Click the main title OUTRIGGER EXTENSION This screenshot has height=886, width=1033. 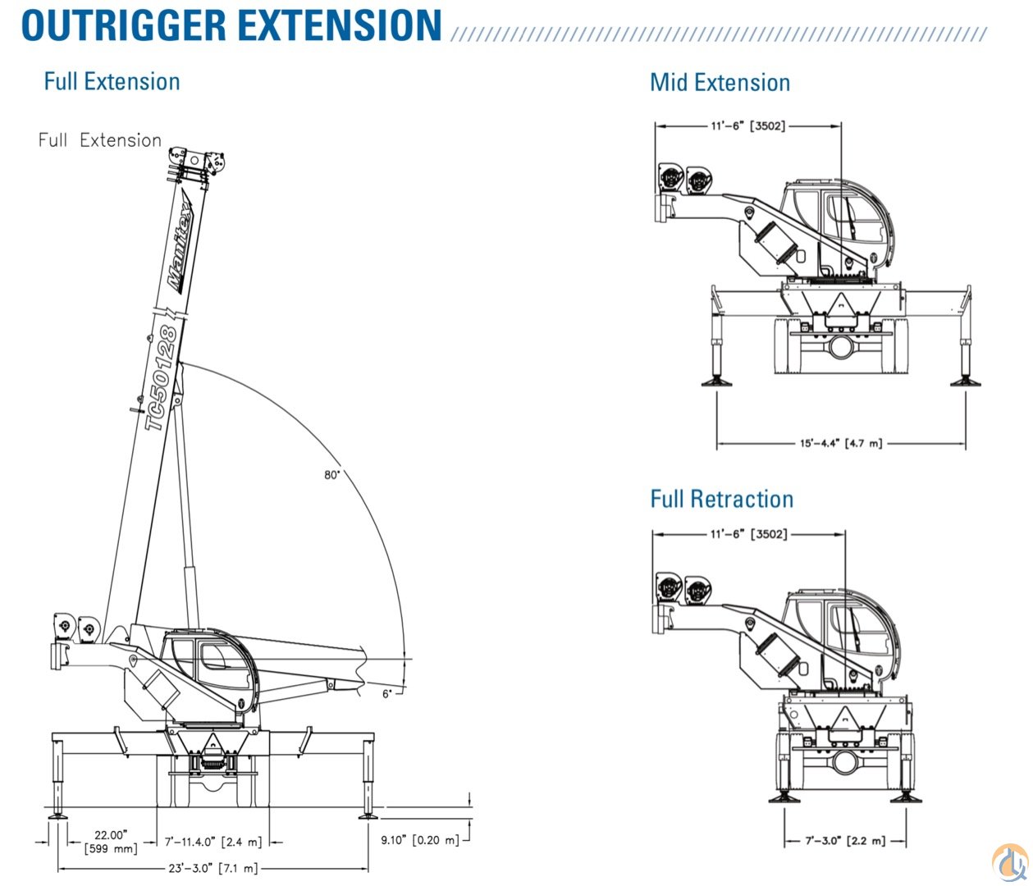click(231, 25)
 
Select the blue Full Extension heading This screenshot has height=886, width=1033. click(112, 81)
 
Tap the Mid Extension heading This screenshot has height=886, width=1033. click(720, 82)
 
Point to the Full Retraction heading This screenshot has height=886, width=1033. click(721, 499)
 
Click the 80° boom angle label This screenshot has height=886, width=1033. click(331, 475)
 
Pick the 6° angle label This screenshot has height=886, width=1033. click(387, 693)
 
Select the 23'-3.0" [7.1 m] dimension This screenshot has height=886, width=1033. click(213, 868)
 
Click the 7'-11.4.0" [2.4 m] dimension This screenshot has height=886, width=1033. click(213, 842)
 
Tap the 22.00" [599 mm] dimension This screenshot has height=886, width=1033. click(111, 842)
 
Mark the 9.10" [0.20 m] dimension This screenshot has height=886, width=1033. click(420, 840)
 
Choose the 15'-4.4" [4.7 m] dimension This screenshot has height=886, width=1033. click(841, 443)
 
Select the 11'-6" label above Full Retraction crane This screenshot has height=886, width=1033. click(748, 534)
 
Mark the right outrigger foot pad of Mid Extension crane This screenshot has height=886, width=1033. click(962, 381)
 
